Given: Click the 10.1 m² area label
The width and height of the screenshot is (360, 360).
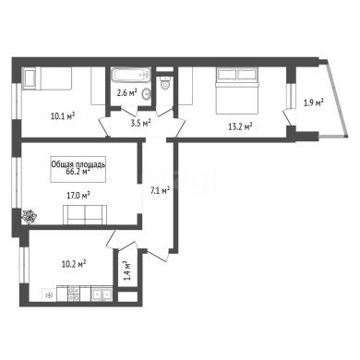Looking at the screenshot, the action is tap(63, 116).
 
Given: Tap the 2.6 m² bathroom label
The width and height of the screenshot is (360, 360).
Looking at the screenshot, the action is tap(126, 92).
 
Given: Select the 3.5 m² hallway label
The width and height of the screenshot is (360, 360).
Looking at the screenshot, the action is tap(141, 123).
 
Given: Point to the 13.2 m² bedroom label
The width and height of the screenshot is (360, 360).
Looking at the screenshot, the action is tap(240, 126).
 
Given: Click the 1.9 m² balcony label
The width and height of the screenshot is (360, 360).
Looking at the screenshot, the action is tap(314, 102).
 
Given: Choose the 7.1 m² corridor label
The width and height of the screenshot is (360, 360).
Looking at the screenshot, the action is tap(160, 191).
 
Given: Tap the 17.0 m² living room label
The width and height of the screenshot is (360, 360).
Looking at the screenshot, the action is tap(78, 195).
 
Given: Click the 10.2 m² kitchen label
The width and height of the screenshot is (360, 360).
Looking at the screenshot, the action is tap(74, 264).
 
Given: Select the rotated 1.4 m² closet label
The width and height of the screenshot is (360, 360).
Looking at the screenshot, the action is tap(126, 270).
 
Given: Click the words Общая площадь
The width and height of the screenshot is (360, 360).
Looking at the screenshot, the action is tap(78, 164).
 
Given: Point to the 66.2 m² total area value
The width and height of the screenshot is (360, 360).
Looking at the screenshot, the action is tap(78, 172).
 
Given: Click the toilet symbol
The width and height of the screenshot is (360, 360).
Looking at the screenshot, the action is tap(165, 82).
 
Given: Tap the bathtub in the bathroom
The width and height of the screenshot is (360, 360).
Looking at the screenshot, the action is tap(131, 75).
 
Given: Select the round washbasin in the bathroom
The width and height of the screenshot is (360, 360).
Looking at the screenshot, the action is tap(147, 94).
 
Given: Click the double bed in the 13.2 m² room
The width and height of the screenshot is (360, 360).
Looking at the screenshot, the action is tap(237, 90).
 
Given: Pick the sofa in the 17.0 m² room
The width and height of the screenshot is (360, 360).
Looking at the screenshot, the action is tap(85, 214).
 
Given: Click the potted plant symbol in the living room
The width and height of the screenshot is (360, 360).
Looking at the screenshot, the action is tap(30, 216).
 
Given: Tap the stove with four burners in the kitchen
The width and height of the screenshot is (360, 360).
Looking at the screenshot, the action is tap(74, 294).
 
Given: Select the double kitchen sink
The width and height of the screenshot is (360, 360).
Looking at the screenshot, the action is tap(102, 294).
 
